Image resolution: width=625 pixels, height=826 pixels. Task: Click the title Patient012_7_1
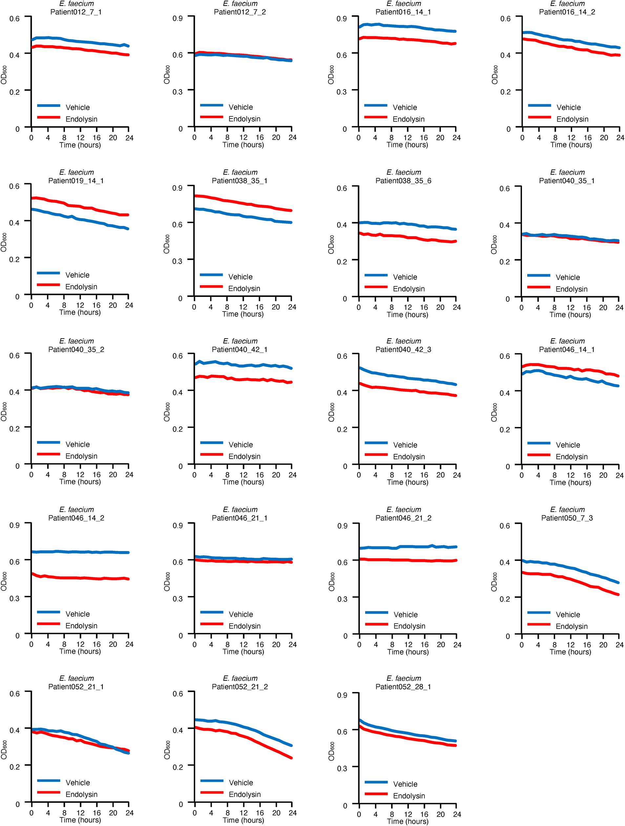pos(76,12)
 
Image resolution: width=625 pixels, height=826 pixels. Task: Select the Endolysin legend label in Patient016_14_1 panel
pos(408,119)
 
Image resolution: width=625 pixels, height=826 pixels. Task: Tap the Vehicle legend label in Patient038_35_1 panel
pos(240,277)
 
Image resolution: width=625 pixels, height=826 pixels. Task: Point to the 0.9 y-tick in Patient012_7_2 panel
pos(177,18)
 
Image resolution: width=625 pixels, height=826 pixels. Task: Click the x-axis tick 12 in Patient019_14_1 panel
pos(80,305)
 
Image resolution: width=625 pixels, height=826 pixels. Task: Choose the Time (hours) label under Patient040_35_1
pos(570,315)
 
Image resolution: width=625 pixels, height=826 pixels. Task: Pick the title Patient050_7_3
pos(567,518)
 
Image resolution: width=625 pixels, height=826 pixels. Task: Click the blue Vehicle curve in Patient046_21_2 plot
pos(407,546)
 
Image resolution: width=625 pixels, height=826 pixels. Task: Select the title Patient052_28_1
pos(403,687)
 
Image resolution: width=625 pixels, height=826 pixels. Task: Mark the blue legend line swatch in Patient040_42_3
pos(376,443)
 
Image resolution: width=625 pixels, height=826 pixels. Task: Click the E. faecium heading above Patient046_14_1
pos(567,341)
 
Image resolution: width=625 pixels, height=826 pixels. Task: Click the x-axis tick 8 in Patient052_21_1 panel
pos(64,813)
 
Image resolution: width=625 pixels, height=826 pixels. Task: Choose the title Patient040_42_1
pos(240,350)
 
